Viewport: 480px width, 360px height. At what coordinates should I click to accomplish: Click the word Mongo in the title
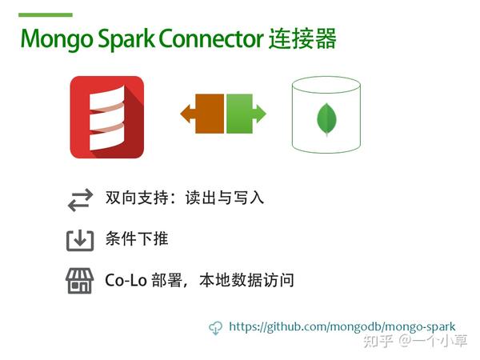click(x=57, y=40)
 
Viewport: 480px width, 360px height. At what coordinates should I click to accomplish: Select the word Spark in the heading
click(x=126, y=40)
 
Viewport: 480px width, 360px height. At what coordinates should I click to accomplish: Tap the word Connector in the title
click(x=211, y=38)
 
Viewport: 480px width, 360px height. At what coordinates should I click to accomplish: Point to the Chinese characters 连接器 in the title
click(x=302, y=38)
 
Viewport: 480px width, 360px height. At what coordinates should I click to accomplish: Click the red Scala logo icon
click(x=107, y=118)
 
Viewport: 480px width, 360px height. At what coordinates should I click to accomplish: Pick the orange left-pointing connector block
click(x=202, y=114)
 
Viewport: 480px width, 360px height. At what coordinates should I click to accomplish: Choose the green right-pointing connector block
click(x=246, y=114)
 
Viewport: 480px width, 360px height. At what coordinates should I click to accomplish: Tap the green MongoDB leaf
click(x=326, y=119)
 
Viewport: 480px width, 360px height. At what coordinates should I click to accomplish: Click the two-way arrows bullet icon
click(x=80, y=200)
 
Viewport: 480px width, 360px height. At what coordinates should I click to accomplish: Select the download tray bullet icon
click(x=80, y=241)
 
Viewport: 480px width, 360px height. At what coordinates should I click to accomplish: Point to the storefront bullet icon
click(x=79, y=281)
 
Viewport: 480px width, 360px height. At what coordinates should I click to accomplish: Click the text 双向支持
click(x=137, y=198)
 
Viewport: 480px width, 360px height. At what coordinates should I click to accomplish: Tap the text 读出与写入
click(x=224, y=198)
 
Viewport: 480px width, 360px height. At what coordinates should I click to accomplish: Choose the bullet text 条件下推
click(x=137, y=238)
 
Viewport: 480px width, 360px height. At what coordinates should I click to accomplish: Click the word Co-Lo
click(x=126, y=280)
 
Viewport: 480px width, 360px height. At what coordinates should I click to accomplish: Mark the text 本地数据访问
click(x=246, y=280)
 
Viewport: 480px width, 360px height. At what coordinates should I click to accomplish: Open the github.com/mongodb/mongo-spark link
click(x=342, y=326)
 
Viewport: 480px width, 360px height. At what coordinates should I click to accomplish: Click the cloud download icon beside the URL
click(x=215, y=328)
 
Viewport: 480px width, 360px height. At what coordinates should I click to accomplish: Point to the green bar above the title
click(x=46, y=14)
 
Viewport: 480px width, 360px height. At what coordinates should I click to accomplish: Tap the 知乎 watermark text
click(x=378, y=341)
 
